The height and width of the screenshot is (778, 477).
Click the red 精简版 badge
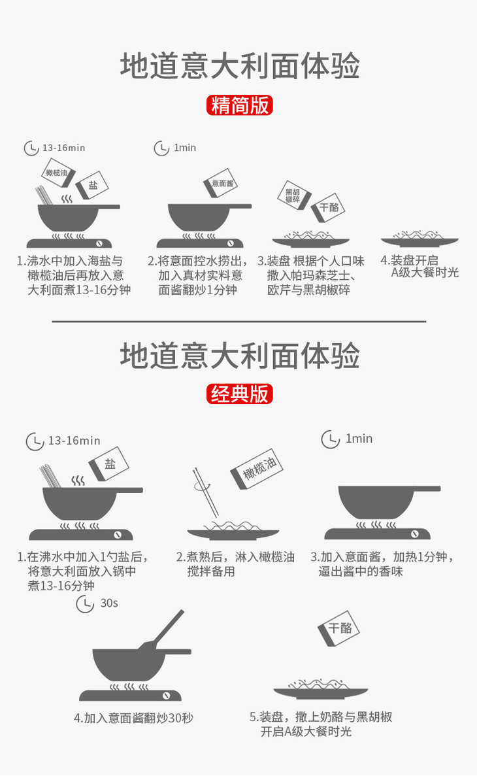pos(239,105)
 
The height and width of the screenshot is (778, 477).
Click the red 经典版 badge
pos(239,394)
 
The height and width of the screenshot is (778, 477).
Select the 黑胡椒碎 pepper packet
pos(294,195)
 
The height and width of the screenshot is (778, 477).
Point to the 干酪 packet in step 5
pos(338,628)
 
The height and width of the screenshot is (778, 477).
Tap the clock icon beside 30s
pos(86,604)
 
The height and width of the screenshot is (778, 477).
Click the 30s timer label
pos(109,603)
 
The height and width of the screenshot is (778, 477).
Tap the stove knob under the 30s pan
pos(167,696)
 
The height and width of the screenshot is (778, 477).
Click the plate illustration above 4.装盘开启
pos(419,239)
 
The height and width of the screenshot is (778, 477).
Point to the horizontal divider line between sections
pos(238,322)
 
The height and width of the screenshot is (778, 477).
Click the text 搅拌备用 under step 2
pos(211,571)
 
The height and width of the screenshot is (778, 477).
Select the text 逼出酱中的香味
pos(361,571)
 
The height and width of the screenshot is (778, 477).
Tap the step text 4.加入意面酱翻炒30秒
pos(133,718)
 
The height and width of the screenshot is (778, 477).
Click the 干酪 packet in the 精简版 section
pos(328,207)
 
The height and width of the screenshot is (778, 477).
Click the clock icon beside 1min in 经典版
pos(330,439)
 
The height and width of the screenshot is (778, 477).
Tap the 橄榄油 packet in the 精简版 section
pos(58,173)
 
